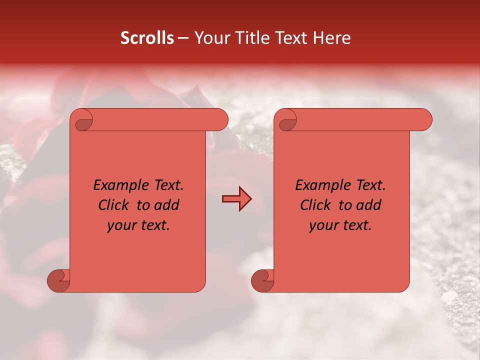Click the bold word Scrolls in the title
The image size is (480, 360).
147,38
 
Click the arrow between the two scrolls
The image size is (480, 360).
236,199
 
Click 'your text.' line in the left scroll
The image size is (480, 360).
138,225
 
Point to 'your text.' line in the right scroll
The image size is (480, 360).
340,225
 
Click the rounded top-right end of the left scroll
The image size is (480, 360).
220,120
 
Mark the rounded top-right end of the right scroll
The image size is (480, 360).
424,120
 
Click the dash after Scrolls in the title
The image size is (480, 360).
183,38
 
